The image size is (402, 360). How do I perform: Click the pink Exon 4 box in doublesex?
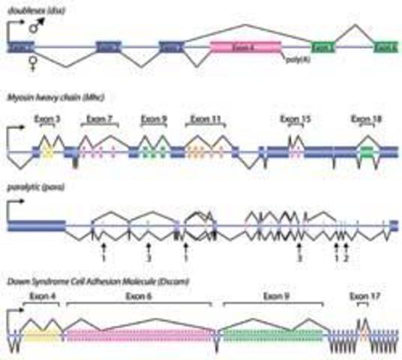[x=244, y=46]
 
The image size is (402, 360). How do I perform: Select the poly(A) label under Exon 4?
[x=298, y=58]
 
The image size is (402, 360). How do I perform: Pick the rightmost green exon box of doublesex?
[x=387, y=46]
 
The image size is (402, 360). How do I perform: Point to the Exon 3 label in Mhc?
[x=46, y=118]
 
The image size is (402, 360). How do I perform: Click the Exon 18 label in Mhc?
[x=365, y=118]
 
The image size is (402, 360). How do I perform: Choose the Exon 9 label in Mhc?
[x=153, y=118]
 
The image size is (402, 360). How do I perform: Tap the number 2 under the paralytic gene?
[x=346, y=259]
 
